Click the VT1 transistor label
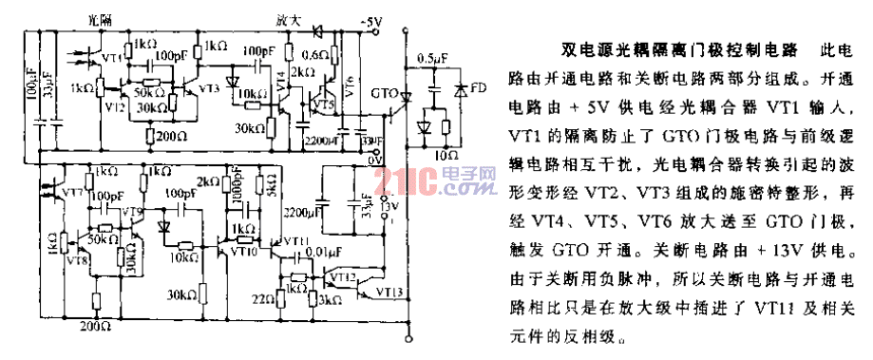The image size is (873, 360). [x=111, y=57]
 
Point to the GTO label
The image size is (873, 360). [x=384, y=95]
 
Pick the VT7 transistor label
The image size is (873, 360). [x=71, y=193]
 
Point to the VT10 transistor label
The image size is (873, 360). [x=245, y=252]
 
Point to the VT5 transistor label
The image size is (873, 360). [x=325, y=103]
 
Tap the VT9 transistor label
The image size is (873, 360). [x=130, y=211]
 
